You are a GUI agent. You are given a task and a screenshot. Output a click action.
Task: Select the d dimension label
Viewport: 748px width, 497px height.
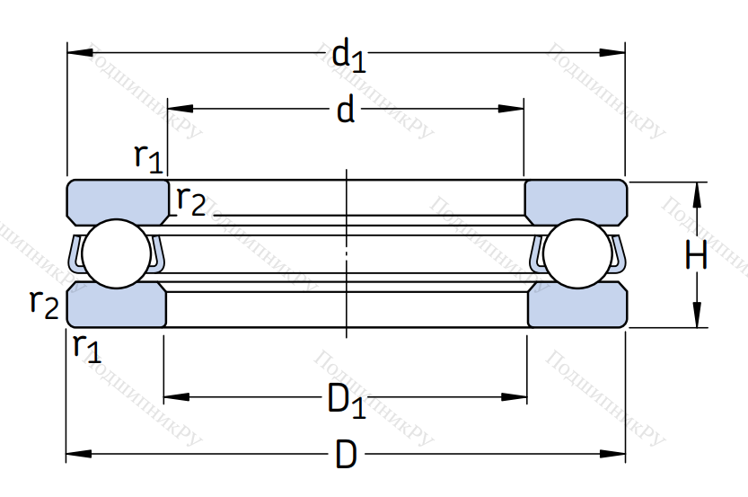pos(346,111)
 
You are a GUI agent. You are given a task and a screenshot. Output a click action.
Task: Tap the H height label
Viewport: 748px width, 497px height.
pos(696,256)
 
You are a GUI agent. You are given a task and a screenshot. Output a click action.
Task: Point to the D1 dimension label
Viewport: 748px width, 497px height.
pos(347,400)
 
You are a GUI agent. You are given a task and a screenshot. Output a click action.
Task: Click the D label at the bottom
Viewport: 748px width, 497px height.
pos(346,455)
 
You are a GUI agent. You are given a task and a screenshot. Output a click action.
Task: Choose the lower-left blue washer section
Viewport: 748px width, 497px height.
pos(117,306)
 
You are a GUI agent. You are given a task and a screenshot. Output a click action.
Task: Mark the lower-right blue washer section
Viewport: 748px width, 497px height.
pos(576,306)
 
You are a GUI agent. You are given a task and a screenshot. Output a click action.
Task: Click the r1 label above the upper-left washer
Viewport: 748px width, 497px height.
pos(148,156)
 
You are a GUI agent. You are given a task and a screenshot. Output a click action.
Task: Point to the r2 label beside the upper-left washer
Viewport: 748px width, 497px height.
pos(190,200)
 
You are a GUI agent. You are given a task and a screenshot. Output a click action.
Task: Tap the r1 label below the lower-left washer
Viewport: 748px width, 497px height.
pos(87,345)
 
